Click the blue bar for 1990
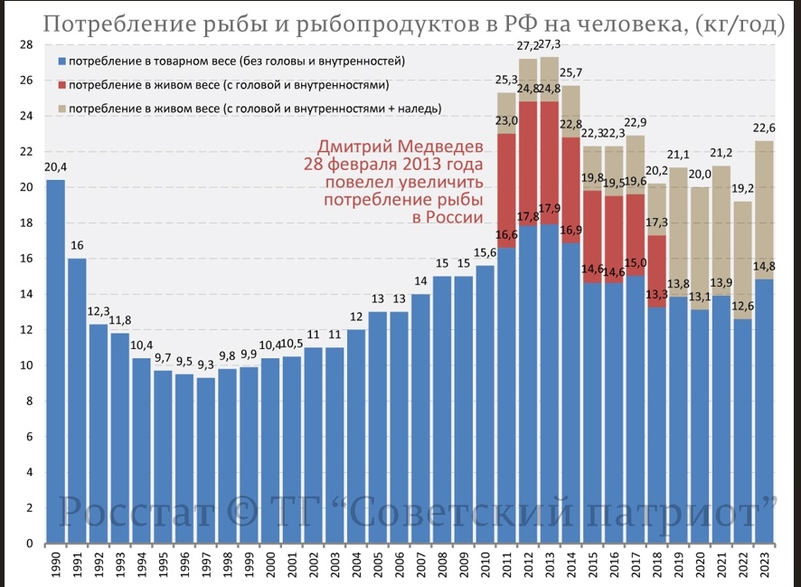[55, 362]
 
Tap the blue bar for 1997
[206, 460]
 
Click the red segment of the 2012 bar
[528, 164]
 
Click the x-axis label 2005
[378, 566]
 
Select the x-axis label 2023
[766, 566]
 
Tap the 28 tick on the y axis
[26, 45]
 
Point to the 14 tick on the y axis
[26, 295]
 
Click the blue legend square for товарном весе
[61, 62]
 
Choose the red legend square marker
[61, 85]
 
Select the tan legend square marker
[61, 109]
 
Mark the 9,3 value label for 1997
[206, 366]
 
